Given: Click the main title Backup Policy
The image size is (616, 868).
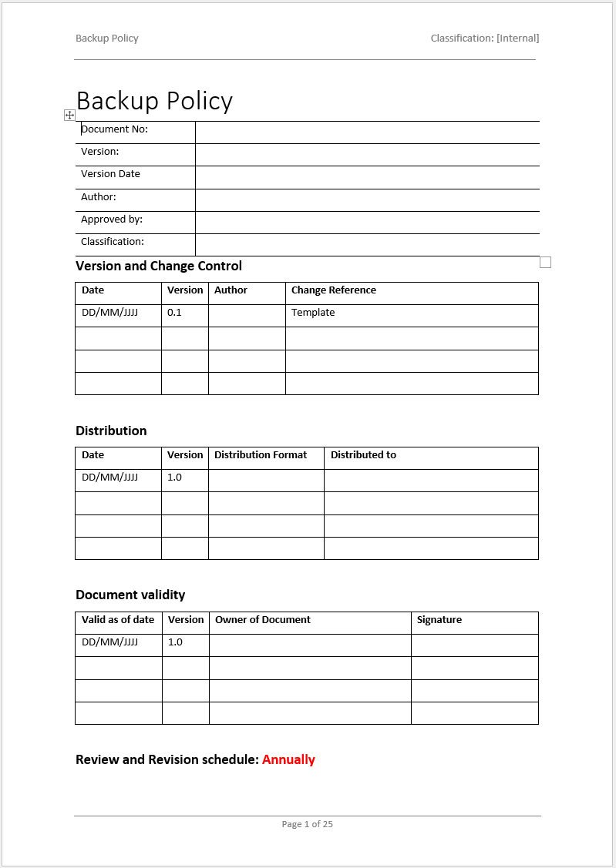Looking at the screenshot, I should coord(154,101).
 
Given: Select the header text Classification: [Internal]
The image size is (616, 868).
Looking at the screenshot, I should coord(484,38).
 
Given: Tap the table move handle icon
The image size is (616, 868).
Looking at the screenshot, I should coord(69,115).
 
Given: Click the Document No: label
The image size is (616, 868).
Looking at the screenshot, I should coord(114,129).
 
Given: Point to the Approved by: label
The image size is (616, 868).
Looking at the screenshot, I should coord(112,220).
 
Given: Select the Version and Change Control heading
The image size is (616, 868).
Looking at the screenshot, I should coord(159,266).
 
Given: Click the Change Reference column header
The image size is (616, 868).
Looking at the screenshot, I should coord(334,290).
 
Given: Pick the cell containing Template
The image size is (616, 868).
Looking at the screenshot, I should coord(313,313).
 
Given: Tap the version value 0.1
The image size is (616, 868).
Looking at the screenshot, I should coord(174,313).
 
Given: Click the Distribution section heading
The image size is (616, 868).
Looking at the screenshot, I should coord(111,431).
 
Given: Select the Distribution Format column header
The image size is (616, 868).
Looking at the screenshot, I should coord(261,455).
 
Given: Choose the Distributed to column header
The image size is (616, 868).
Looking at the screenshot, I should coord(363,455).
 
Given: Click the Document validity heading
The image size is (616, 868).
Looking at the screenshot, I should coord(130,595).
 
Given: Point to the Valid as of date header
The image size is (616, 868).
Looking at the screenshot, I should coord(118,620).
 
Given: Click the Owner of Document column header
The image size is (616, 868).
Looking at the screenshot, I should coord(263,620).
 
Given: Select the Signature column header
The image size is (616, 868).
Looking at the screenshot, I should coord(439,620).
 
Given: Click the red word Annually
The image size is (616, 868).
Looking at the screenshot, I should coord(288,759).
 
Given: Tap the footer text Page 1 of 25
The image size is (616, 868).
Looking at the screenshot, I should coord(308,824).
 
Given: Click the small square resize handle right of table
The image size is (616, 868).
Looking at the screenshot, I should coord(546,263).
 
